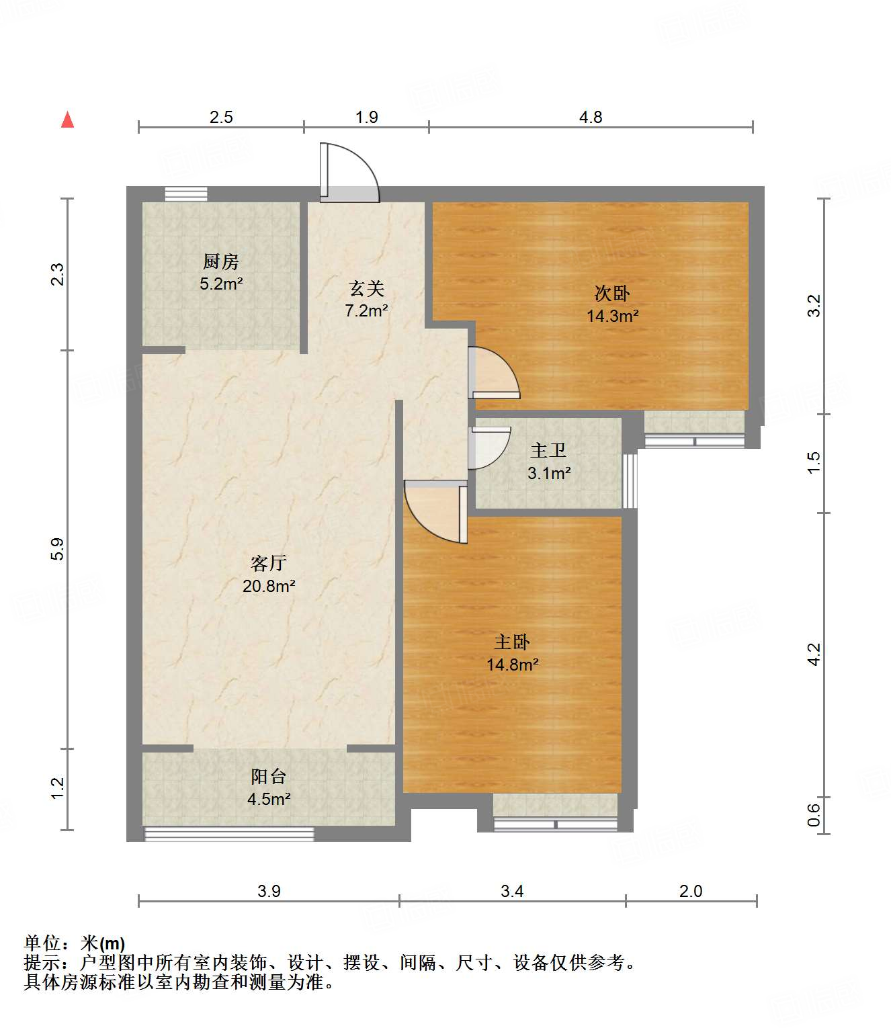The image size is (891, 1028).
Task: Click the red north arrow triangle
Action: pos(68,120)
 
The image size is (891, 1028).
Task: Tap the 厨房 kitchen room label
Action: pos(221,261)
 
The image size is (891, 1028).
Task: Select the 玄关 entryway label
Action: pos(367,288)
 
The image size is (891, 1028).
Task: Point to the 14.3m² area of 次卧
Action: pos(612,316)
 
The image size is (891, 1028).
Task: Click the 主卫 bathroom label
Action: pos(548,451)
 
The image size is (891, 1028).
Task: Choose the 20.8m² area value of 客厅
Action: pos(269,586)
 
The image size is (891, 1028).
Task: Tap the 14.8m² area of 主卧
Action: pos(513,665)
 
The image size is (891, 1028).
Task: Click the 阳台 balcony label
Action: pos(269,776)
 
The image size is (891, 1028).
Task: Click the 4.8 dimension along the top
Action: pos(591,118)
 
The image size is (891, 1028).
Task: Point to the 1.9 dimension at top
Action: pos(367,118)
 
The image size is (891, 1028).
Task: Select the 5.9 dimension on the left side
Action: pos(58,549)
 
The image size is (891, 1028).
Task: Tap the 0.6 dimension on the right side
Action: pos(814,814)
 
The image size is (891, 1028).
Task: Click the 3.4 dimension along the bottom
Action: pos(512,891)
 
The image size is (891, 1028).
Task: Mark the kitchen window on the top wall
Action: pos(186,194)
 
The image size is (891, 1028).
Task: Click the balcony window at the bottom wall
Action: pos(229,834)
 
